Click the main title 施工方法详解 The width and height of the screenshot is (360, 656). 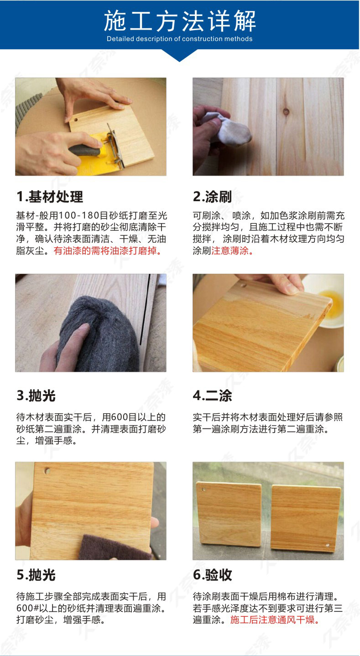click(180, 21)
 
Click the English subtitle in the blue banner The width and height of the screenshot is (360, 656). click(180, 39)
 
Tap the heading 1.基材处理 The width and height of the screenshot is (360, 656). click(50, 197)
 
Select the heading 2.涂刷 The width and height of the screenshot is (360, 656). click(212, 197)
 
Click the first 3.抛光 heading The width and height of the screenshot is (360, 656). click(36, 396)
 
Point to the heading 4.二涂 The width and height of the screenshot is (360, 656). click(212, 396)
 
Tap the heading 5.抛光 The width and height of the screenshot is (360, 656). click(36, 575)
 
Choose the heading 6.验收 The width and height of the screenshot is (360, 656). click(212, 575)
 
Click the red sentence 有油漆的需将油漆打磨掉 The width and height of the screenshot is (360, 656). click(108, 251)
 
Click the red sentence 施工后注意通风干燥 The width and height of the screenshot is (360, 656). click(275, 620)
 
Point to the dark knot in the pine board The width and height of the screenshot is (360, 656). click(286, 112)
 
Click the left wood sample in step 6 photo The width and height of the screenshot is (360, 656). click(229, 514)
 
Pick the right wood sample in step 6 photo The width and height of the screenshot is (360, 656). click(306, 518)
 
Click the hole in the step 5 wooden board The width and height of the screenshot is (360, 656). click(47, 471)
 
